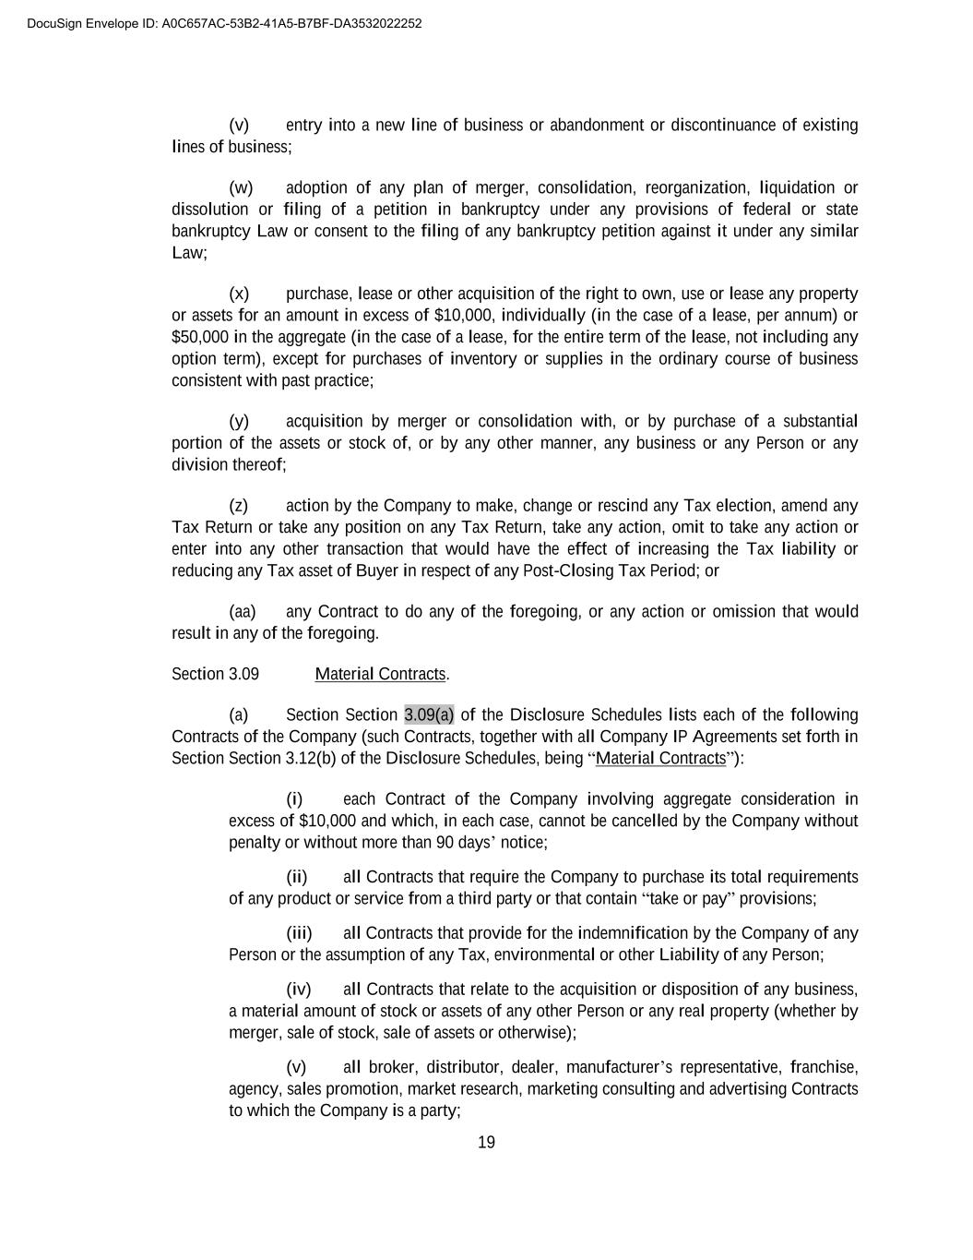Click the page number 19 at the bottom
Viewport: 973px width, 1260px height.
(x=486, y=1143)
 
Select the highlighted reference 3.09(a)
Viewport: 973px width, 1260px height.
(x=429, y=714)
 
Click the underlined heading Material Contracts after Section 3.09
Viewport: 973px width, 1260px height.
(x=380, y=674)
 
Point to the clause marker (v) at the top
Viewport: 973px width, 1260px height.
(x=239, y=125)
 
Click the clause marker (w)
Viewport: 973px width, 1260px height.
(x=241, y=187)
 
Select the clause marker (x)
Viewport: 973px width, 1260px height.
(x=239, y=294)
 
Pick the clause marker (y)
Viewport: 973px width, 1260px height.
(x=239, y=421)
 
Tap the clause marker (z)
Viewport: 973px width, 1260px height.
(x=239, y=506)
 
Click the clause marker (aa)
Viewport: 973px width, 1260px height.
(x=242, y=611)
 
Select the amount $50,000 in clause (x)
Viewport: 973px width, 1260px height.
(x=201, y=337)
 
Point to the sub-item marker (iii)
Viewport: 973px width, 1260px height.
(x=299, y=932)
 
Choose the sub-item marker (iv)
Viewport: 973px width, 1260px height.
(x=299, y=990)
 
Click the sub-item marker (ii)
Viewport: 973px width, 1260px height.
(x=297, y=876)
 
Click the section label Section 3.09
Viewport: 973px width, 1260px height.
(x=215, y=674)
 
